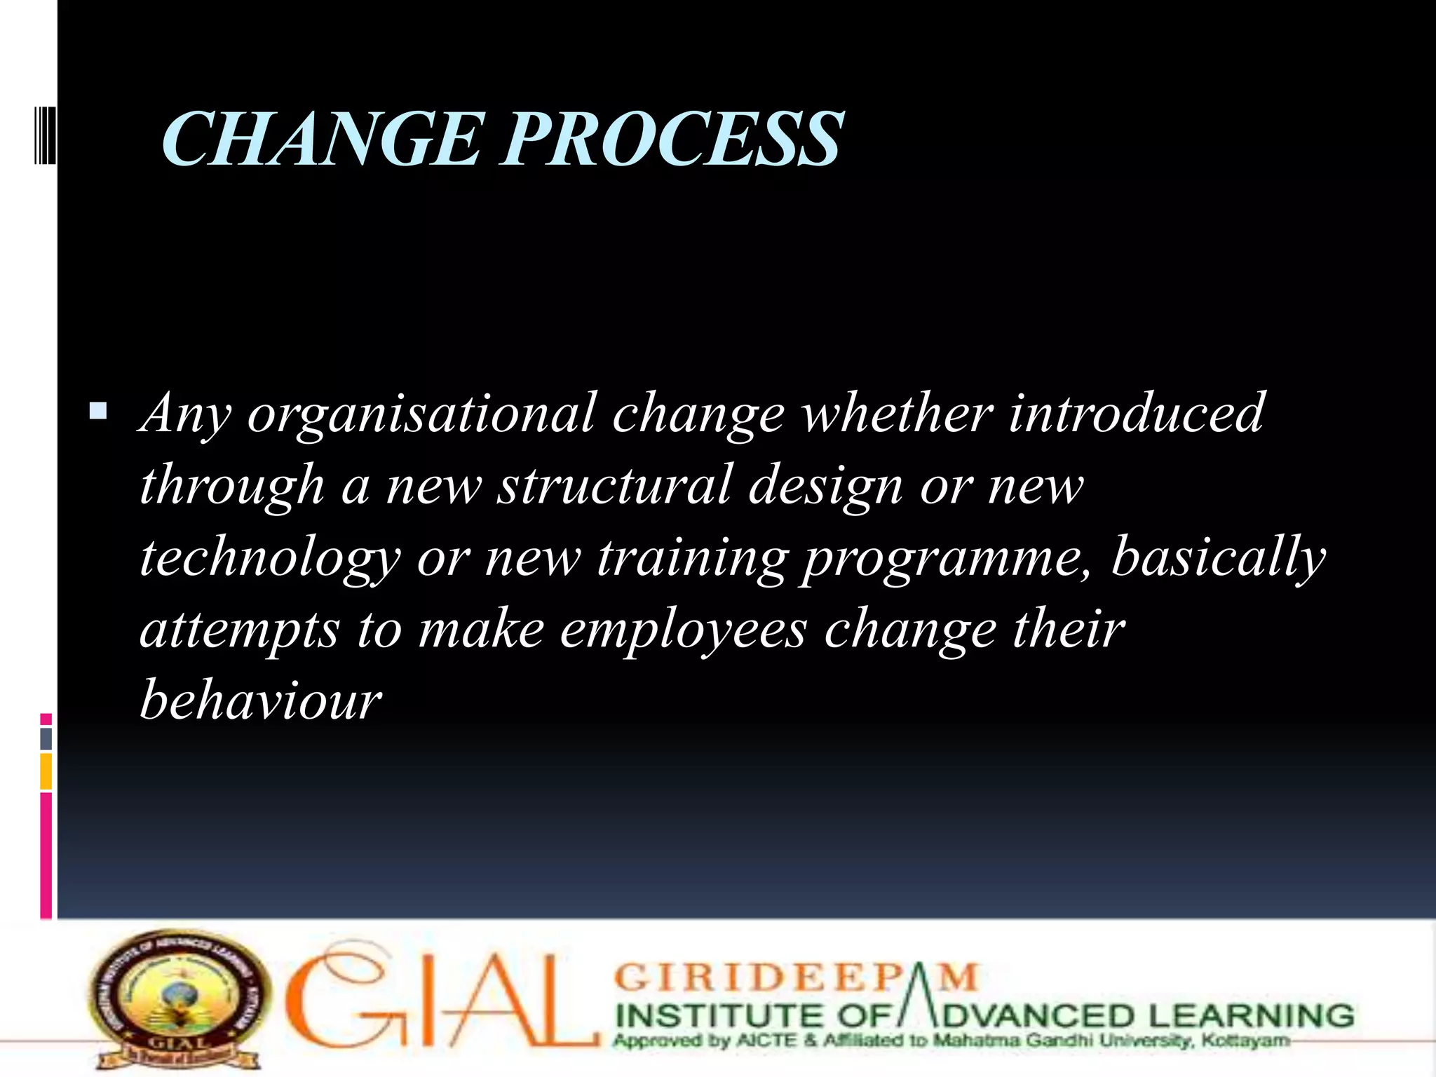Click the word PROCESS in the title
(x=672, y=140)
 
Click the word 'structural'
(x=614, y=485)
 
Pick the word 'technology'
(x=270, y=559)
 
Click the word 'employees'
(x=683, y=630)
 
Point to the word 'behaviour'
(x=261, y=700)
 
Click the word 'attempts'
(x=240, y=630)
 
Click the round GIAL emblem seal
(x=179, y=999)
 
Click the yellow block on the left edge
(x=46, y=771)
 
